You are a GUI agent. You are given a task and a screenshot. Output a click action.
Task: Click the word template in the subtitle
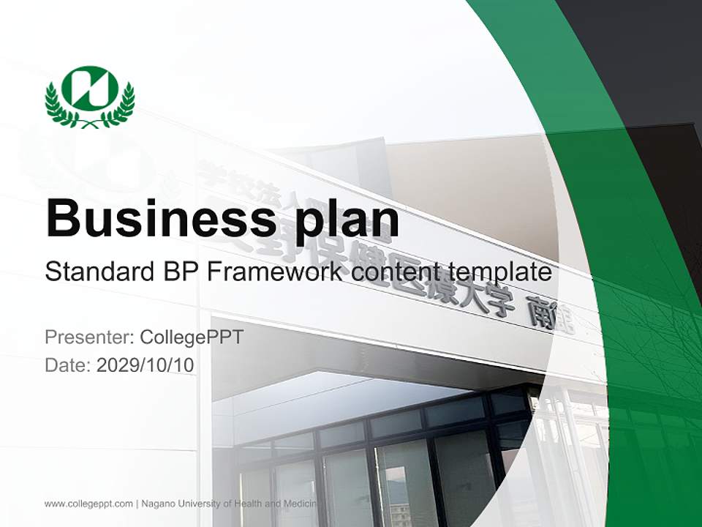(x=497, y=272)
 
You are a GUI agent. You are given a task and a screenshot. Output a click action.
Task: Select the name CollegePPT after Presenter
(x=191, y=337)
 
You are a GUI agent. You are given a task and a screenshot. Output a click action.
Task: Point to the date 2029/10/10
(x=146, y=365)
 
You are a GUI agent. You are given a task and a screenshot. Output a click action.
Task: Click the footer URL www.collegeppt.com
(x=88, y=504)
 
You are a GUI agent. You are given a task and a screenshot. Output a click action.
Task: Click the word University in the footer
(x=200, y=504)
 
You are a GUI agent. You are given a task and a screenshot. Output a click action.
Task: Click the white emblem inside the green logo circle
(x=90, y=88)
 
